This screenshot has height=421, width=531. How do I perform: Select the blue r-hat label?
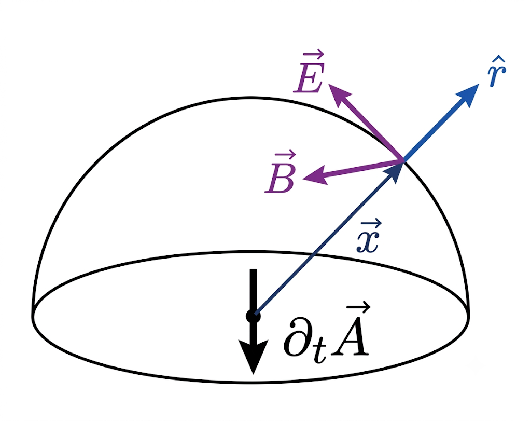pos(497,73)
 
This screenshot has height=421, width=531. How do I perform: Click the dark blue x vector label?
pos(369,237)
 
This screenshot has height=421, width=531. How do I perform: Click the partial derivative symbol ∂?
pos(297,338)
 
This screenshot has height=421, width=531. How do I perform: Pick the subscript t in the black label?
pos(320,351)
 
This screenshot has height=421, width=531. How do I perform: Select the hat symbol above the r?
pos(499,60)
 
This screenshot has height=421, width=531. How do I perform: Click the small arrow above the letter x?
pos(371,224)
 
